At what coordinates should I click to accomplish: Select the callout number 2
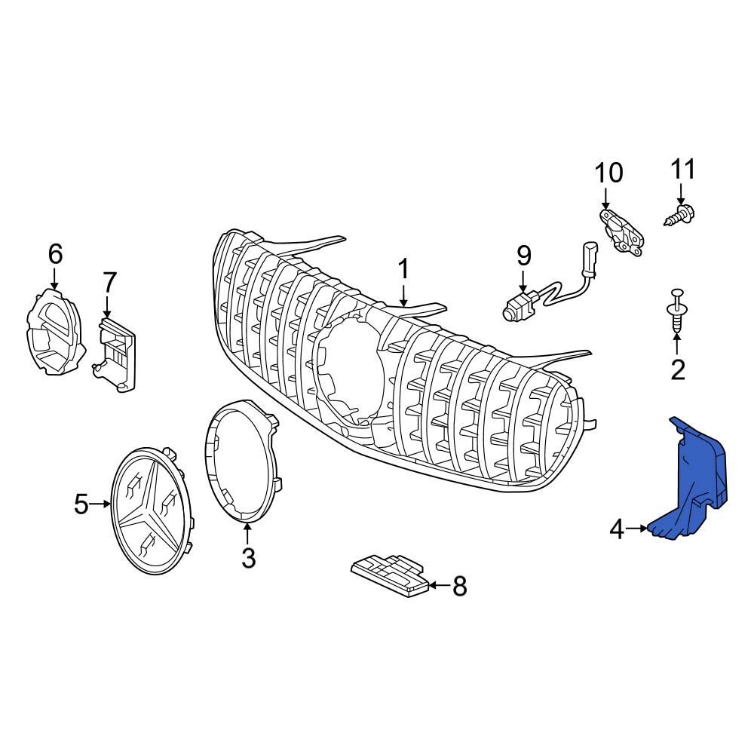point(677,369)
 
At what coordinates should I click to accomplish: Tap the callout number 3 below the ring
point(248,558)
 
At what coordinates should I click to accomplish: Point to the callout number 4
point(617,530)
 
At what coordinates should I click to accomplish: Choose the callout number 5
point(81,503)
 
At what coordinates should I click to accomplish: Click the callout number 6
point(55,254)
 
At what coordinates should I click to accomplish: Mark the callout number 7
point(109,283)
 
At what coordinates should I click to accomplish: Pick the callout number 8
point(459,586)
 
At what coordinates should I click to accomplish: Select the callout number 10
point(608,173)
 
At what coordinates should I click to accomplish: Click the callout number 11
point(683,169)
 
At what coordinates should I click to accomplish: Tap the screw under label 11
point(680,214)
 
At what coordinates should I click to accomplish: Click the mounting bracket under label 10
point(622,231)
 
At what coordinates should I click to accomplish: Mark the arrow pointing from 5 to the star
point(101,503)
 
